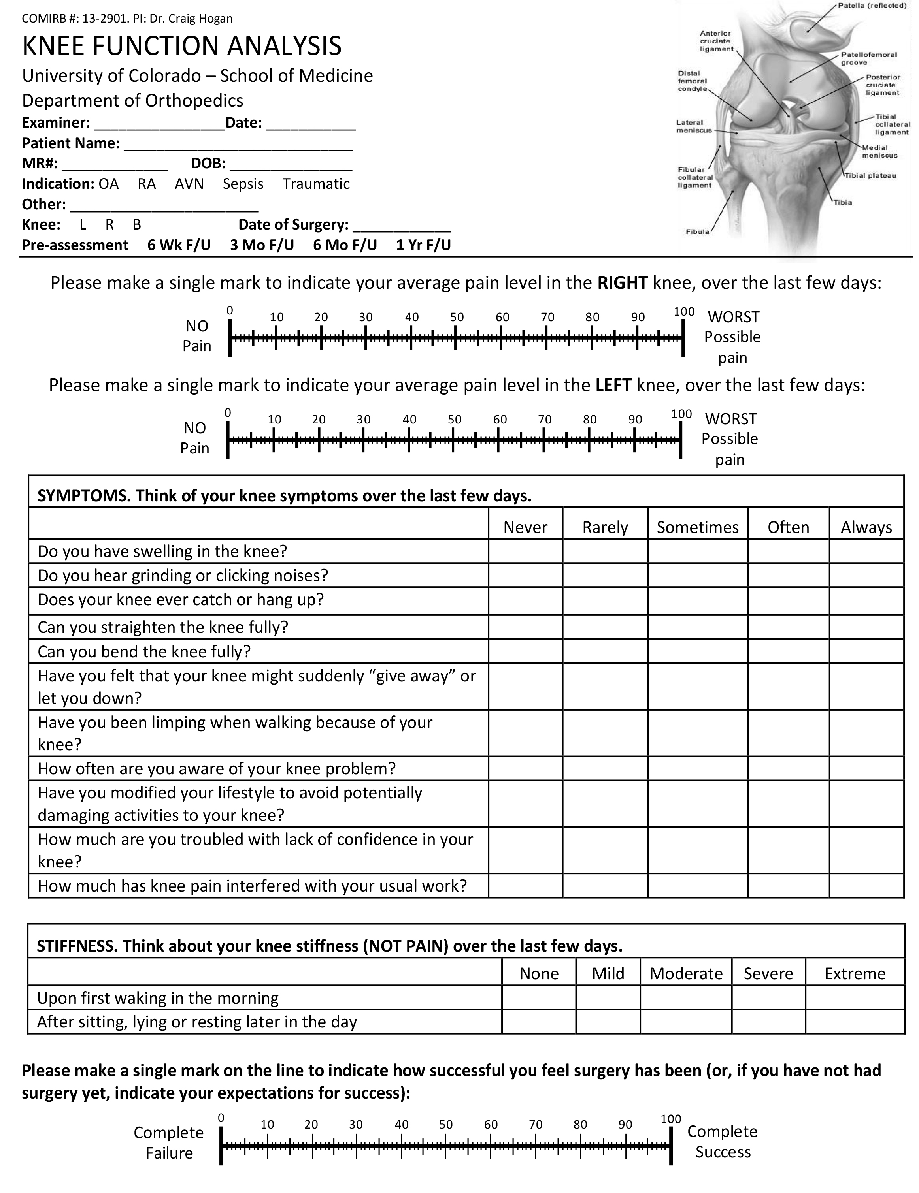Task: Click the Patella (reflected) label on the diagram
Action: tap(872, 6)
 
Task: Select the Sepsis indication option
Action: tap(243, 184)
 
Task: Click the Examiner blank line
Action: tap(159, 124)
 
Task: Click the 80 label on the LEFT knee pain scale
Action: tap(589, 420)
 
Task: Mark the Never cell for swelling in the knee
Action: tap(525, 551)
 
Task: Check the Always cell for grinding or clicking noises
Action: tap(866, 575)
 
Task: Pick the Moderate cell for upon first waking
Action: tap(685, 997)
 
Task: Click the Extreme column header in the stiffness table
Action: tap(855, 973)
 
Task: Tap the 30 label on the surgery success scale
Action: tap(356, 1124)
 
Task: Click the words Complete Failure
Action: tap(168, 1143)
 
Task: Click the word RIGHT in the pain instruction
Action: tap(622, 283)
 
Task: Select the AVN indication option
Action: tap(189, 184)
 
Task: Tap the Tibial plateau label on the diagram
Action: tap(870, 175)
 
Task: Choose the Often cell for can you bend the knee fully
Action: tap(788, 651)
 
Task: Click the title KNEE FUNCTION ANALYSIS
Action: tap(181, 46)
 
